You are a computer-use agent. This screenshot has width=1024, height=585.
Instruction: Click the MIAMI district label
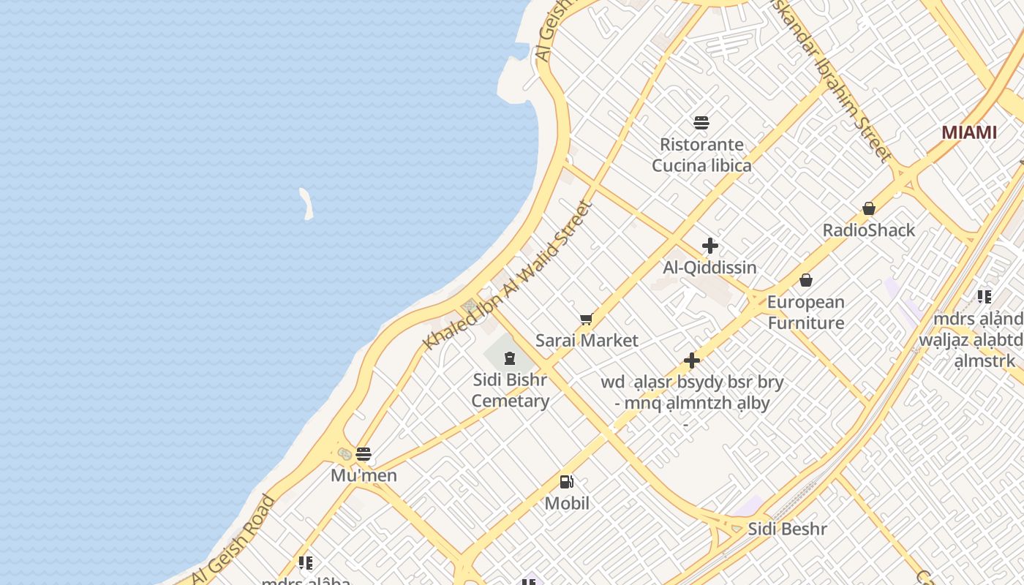tap(968, 132)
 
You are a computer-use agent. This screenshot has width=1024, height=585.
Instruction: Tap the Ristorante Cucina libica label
tap(701, 155)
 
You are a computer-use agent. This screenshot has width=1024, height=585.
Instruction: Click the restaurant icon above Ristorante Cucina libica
tap(701, 122)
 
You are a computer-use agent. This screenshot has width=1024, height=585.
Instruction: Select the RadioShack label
tap(868, 230)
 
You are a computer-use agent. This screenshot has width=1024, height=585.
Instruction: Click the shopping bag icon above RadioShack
tap(869, 209)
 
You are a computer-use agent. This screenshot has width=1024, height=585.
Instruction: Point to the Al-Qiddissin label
tap(709, 268)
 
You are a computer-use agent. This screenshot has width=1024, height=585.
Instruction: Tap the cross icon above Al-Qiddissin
tap(709, 246)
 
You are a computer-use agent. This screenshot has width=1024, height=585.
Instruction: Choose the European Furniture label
tap(805, 312)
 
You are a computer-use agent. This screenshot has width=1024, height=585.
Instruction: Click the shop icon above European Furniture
tap(806, 280)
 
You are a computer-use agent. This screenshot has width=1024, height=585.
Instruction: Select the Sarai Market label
tap(587, 340)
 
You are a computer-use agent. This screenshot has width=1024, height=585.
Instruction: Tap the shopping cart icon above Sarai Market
tap(586, 319)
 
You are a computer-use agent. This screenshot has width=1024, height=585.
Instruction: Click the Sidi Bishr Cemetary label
tap(510, 390)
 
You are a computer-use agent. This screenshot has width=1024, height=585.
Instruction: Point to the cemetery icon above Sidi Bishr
tap(509, 358)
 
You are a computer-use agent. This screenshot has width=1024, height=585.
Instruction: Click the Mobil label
tap(567, 503)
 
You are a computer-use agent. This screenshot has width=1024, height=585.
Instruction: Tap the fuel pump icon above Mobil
tap(566, 482)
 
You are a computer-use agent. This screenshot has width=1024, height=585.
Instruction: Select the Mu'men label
tap(364, 475)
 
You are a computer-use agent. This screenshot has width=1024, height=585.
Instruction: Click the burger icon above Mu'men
tap(364, 454)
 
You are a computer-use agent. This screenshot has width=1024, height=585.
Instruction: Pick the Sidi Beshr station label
tap(787, 529)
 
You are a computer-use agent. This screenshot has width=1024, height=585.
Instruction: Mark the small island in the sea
tap(306, 203)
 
